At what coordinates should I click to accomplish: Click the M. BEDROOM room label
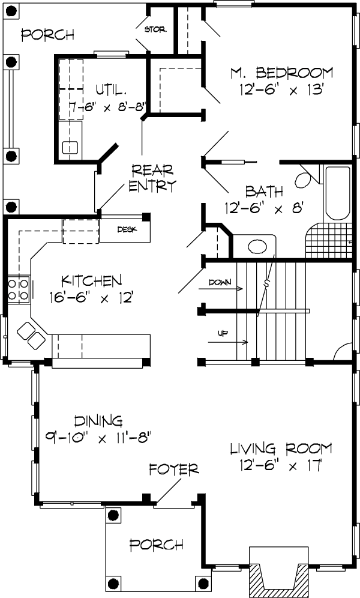click(x=282, y=73)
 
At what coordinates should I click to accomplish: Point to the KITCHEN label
click(x=92, y=280)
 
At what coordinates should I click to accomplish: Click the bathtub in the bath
click(x=337, y=193)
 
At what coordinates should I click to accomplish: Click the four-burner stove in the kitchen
click(x=18, y=289)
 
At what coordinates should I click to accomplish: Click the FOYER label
click(x=174, y=469)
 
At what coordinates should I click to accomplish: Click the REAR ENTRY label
click(x=153, y=177)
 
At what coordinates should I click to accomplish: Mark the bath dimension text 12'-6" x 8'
click(x=266, y=208)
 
